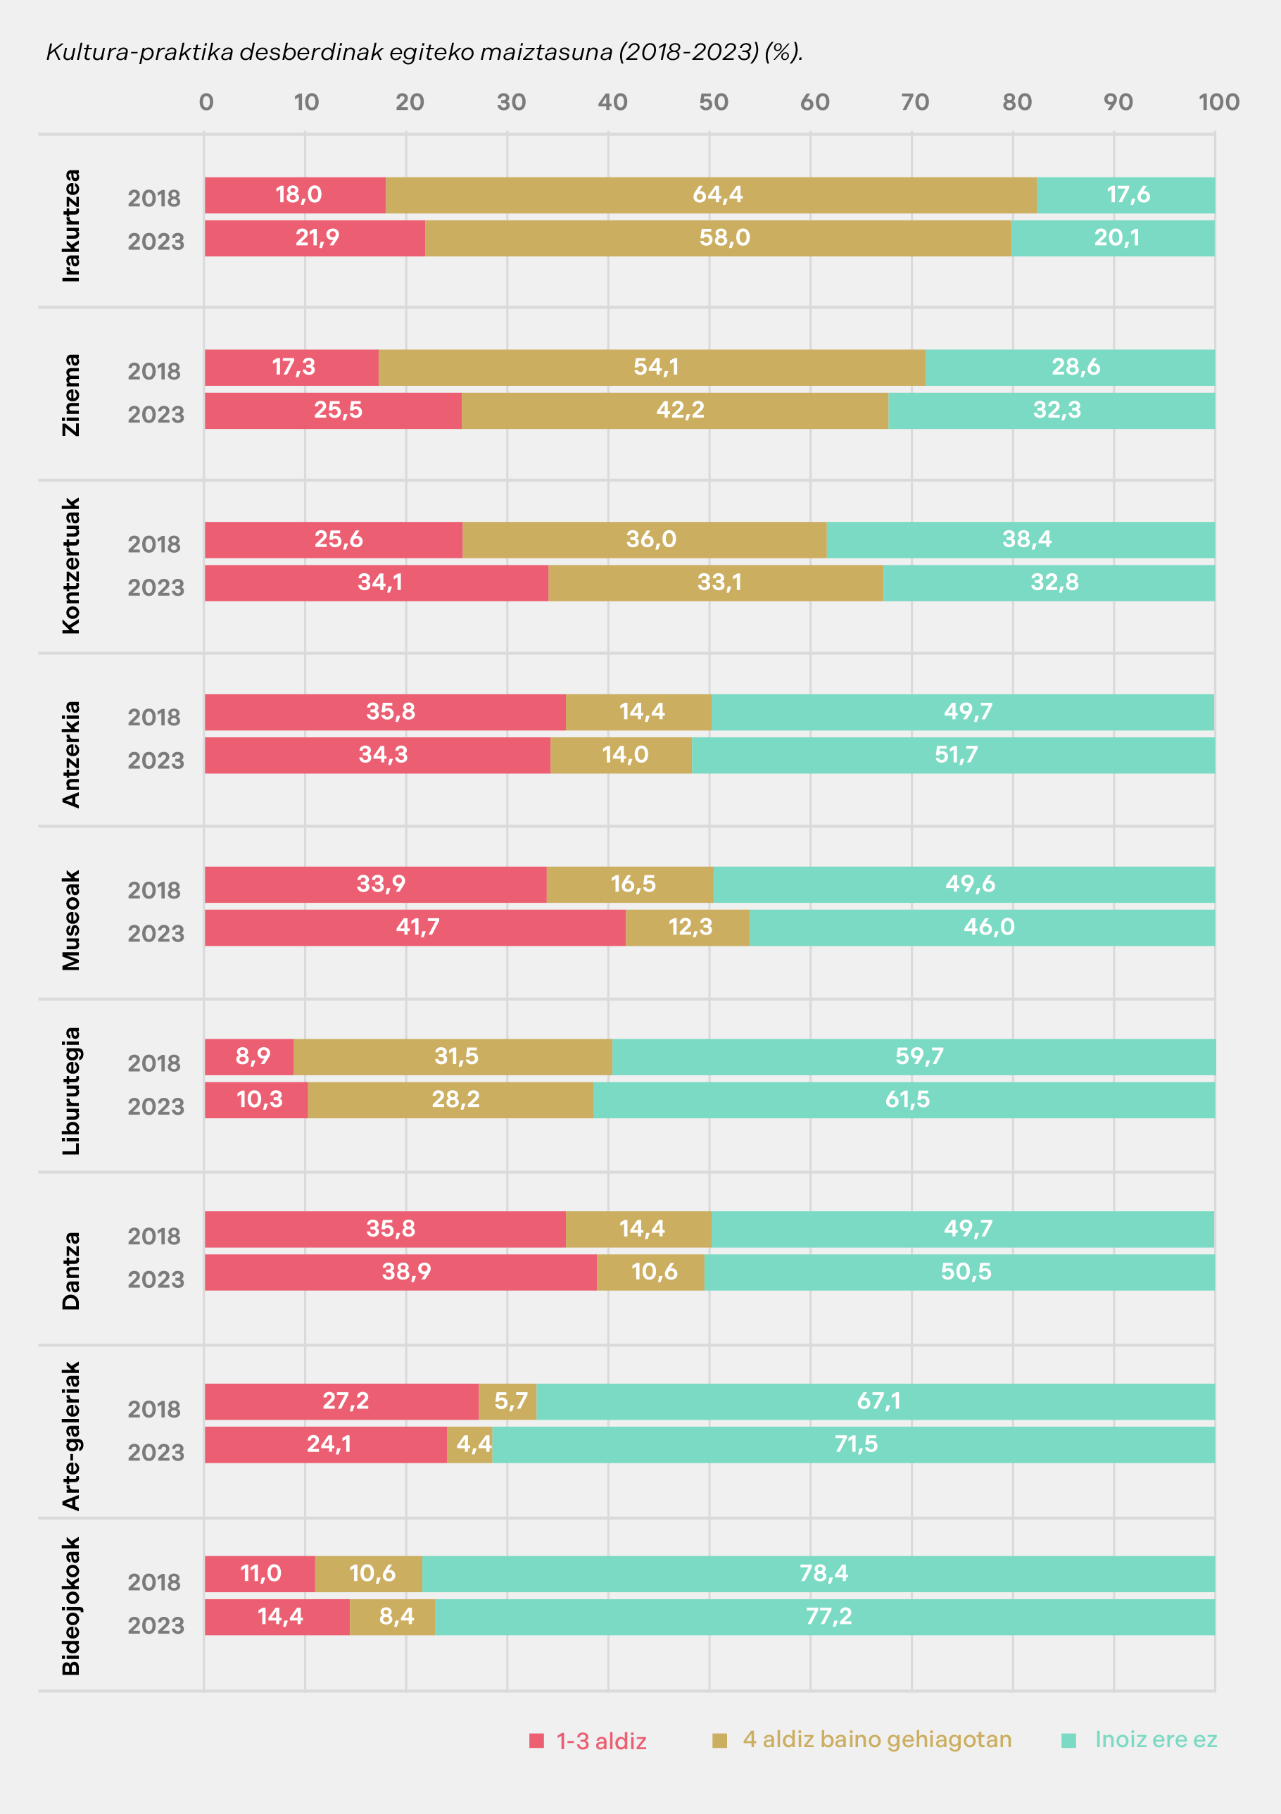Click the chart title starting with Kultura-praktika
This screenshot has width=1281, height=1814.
pos(424,52)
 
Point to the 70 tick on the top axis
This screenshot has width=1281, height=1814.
pos(914,102)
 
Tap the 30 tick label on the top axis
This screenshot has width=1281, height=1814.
pos(511,102)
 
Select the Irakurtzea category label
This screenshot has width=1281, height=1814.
pos(71,225)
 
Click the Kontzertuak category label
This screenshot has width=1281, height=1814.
pos(71,565)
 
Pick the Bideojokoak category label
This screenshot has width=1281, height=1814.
pos(71,1606)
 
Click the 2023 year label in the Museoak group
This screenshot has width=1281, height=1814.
pos(156,934)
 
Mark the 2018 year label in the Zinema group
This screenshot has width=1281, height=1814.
pos(154,371)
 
